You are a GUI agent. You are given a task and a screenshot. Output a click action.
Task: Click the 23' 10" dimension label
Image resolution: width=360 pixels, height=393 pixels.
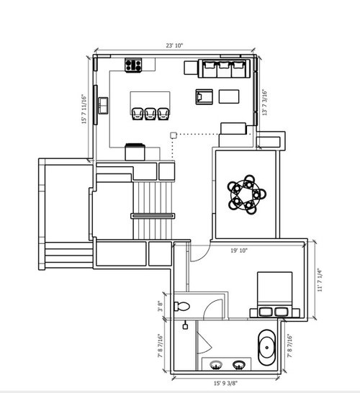coord(174,45)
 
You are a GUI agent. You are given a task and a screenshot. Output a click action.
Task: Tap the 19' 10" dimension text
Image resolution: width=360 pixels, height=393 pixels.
coord(239,250)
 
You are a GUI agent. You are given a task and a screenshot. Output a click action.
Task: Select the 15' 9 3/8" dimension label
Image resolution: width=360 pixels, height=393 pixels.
coord(225,383)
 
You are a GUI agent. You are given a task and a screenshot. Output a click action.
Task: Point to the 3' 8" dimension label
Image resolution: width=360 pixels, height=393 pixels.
coord(160,306)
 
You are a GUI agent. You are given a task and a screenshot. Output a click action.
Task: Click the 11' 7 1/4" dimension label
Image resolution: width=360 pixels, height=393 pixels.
coord(320,280)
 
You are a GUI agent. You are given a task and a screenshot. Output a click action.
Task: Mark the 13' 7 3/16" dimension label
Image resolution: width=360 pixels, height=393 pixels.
coord(265,102)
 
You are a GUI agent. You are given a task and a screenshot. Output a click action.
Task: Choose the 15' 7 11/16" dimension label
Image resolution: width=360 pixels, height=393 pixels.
coord(84,109)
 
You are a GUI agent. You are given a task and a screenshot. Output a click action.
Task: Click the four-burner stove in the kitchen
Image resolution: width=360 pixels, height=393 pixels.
coord(133,65)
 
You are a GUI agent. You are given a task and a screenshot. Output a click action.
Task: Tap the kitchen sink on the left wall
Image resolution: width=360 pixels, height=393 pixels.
coord(103,106)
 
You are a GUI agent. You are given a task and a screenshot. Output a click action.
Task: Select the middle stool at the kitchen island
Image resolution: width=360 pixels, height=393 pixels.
coord(150,114)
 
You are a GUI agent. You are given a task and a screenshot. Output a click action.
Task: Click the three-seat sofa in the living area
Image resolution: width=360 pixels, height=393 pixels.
coord(224,68)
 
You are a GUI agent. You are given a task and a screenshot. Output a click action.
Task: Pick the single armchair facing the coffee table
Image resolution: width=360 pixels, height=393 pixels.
coord(204,96)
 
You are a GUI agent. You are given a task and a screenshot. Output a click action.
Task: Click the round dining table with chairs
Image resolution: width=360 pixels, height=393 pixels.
coord(247,194)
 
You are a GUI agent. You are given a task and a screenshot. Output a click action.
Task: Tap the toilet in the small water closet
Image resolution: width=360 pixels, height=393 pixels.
coord(182,307)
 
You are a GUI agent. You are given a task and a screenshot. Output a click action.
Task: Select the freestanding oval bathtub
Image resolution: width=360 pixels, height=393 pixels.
coord(266,348)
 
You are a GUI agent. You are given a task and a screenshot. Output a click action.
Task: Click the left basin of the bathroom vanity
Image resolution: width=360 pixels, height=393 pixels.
coord(216,365)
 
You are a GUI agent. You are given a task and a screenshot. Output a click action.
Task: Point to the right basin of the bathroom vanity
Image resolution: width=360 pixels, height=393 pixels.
coord(238,365)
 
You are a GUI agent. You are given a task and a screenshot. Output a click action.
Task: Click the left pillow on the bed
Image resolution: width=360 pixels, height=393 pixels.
coord(266,312)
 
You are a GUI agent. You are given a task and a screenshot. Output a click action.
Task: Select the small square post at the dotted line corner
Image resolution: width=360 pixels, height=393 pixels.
coord(174,135)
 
